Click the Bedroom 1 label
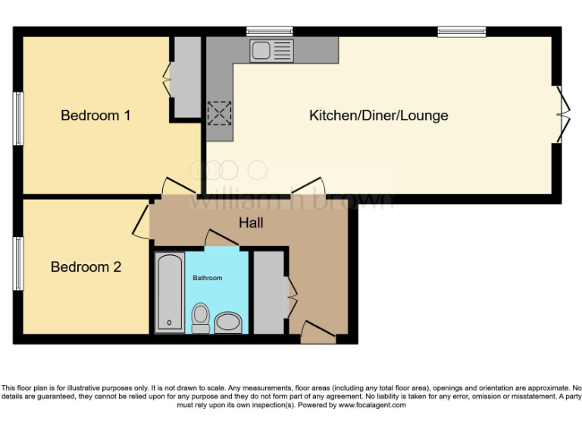point(95,116)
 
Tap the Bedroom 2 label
point(86,267)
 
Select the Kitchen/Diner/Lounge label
point(378,116)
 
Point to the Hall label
point(251,223)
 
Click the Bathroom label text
point(207,278)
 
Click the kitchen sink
point(271,51)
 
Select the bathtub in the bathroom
point(168,292)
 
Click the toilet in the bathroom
point(201,318)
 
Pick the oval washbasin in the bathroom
point(228,324)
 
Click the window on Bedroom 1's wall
point(17,119)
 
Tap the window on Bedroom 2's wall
point(17,263)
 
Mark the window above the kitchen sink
point(269,31)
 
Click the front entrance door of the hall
point(317,331)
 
